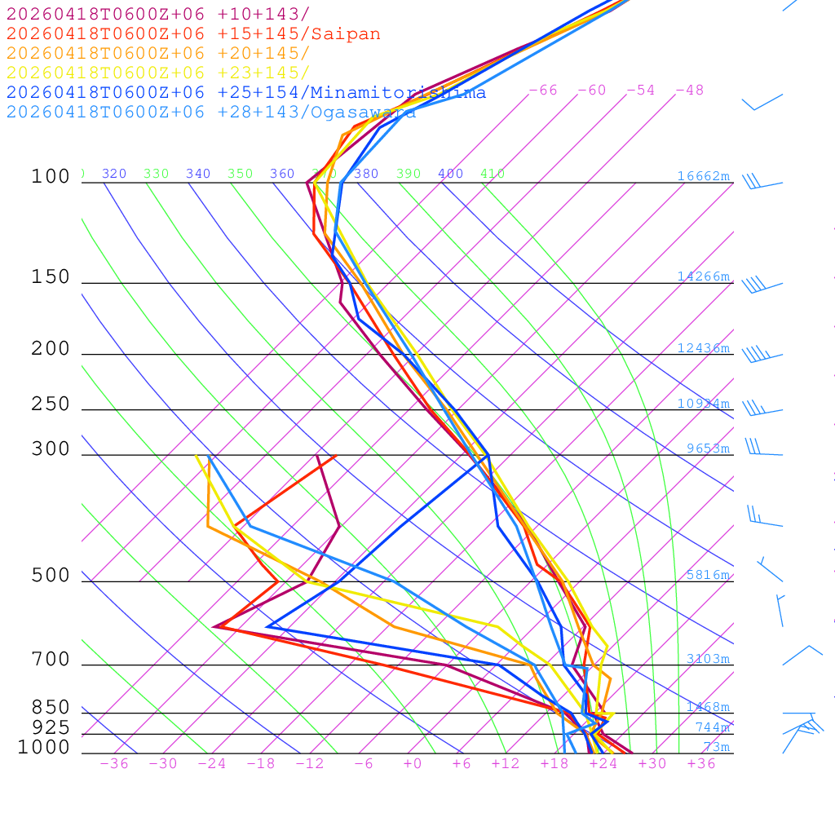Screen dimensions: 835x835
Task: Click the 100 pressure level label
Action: click(x=51, y=176)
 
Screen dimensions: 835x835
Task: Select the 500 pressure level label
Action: click(x=51, y=576)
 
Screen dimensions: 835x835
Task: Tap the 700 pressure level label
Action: click(x=51, y=660)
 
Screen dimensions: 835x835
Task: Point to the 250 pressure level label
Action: click(x=51, y=404)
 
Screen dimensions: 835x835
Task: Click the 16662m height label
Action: click(x=703, y=176)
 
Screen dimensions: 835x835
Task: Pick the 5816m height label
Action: click(x=707, y=575)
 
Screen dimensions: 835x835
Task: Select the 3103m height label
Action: click(x=707, y=659)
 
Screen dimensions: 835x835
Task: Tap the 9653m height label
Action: click(x=707, y=448)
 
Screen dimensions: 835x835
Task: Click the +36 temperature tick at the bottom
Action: click(x=700, y=764)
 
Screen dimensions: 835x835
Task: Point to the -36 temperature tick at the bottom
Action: click(x=113, y=764)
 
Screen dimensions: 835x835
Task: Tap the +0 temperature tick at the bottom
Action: click(x=413, y=764)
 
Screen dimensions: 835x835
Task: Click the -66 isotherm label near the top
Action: click(x=543, y=91)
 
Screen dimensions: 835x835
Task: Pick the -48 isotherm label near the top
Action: click(x=689, y=91)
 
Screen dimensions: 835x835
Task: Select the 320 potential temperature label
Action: click(x=114, y=174)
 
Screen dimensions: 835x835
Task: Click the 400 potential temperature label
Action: click(x=450, y=174)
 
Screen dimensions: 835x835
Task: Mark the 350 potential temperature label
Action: click(x=241, y=174)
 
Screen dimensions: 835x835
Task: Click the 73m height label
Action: click(x=716, y=747)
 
